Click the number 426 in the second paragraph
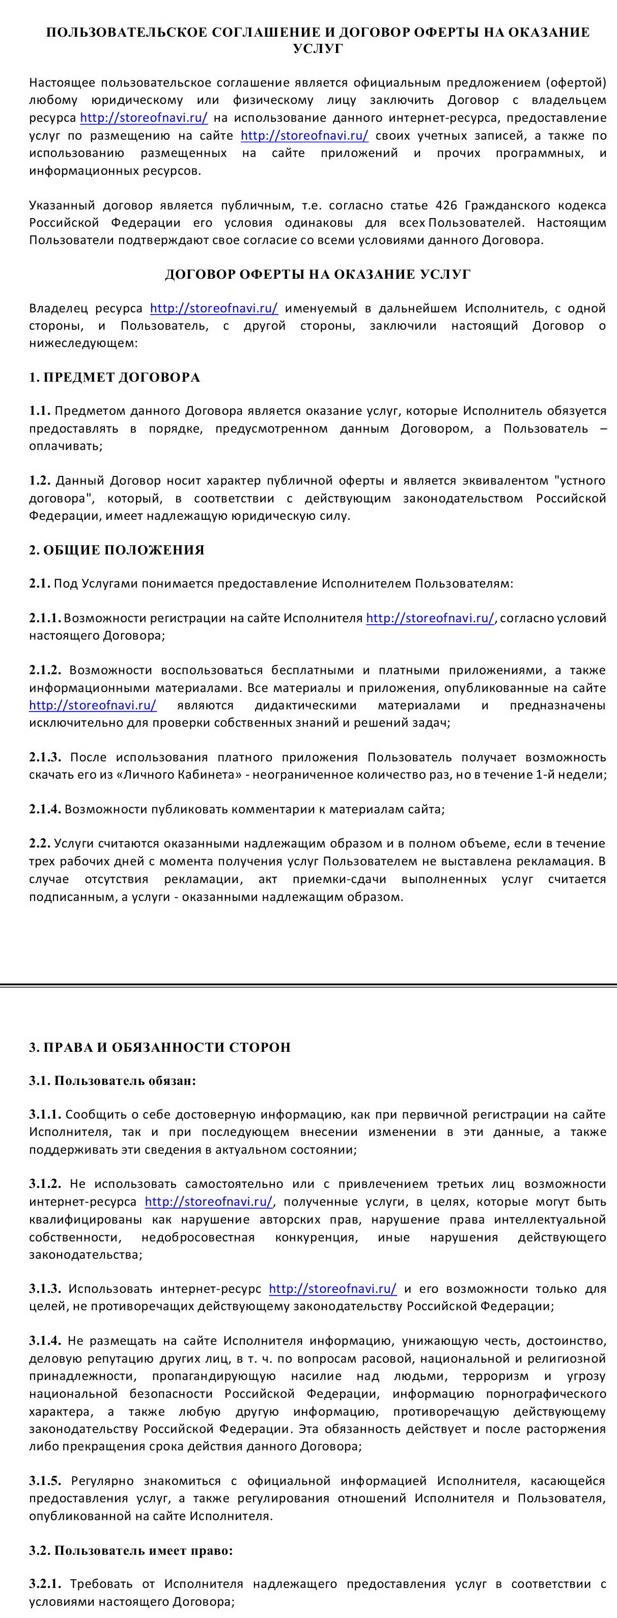(x=446, y=205)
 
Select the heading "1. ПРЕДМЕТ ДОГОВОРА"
(x=114, y=377)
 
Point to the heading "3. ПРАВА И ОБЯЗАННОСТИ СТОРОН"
(x=159, y=1047)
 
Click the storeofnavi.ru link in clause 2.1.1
(x=430, y=618)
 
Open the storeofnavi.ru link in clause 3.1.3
(x=332, y=1289)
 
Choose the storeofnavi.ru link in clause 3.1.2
(x=208, y=1202)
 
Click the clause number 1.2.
(x=40, y=481)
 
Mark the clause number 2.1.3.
(x=45, y=757)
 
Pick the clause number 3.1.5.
(x=45, y=1480)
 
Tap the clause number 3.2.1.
(x=45, y=1584)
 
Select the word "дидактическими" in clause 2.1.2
(x=305, y=705)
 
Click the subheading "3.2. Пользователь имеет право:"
(x=130, y=1550)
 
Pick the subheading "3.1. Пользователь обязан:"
(x=113, y=1081)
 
